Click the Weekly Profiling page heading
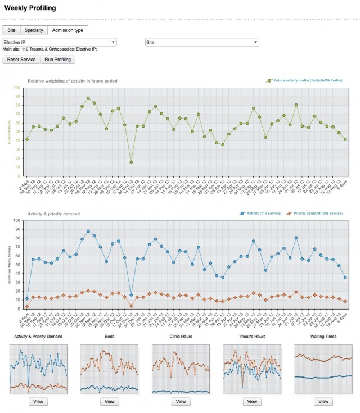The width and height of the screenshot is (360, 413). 30,8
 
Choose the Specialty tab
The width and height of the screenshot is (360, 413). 34,30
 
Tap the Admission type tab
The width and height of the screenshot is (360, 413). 67,30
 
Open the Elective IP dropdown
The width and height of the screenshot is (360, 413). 60,42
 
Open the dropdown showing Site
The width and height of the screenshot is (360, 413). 201,42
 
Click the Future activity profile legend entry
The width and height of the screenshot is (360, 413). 304,81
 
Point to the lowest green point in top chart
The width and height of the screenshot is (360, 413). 130,162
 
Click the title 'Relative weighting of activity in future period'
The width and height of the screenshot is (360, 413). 73,81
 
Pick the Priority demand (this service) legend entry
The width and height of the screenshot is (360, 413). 314,214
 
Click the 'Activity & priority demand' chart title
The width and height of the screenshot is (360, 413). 53,214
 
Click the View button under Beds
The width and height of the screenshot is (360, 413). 109,401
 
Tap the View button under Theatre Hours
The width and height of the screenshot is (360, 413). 252,401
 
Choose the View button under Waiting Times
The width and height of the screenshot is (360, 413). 323,401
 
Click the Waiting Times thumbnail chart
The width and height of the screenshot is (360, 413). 323,369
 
